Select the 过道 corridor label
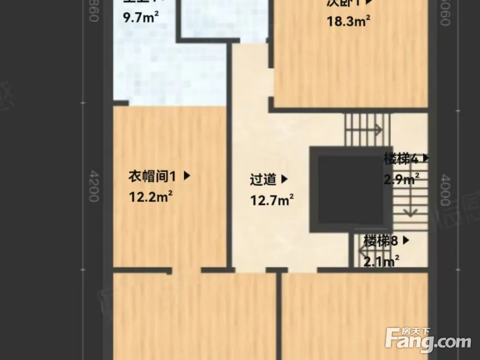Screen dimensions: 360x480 tap(263, 180)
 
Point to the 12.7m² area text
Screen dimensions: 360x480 tap(272, 199)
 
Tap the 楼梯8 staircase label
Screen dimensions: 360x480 tap(381, 240)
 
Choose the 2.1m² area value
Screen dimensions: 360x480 tap(382, 262)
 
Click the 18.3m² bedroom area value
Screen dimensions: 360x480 tap(348, 21)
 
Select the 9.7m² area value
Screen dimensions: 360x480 tap(141, 18)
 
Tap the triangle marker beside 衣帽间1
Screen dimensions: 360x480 tap(187, 176)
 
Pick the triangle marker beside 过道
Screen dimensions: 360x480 tap(284, 180)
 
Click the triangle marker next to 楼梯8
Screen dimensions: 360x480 tap(406, 240)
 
